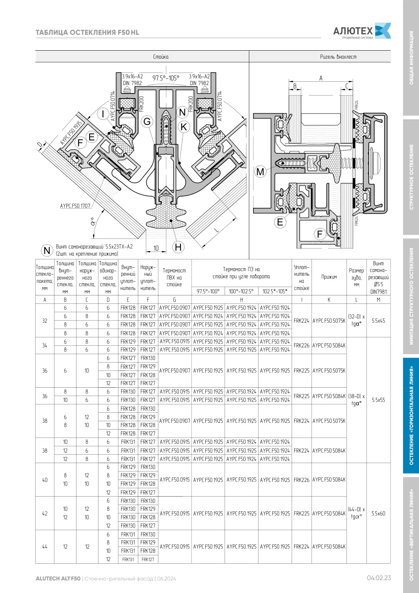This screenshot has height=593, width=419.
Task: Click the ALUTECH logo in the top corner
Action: tap(362, 31)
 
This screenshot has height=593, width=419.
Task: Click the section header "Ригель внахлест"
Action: tap(338, 57)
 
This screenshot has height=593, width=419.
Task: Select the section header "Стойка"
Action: tap(160, 57)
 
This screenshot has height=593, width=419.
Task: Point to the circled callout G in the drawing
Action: tap(147, 122)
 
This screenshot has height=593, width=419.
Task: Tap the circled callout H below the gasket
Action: tap(178, 247)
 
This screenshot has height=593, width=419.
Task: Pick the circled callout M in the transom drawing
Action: tap(260, 171)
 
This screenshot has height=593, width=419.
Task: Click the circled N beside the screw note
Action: tap(47, 250)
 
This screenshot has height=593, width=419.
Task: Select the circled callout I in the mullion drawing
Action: tap(103, 114)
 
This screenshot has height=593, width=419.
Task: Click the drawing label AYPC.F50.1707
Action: tap(75, 206)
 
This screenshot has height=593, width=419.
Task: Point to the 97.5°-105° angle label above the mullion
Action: tap(166, 78)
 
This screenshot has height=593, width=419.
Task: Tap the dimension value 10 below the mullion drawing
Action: tap(156, 248)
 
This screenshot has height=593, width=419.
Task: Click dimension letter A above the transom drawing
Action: tap(321, 78)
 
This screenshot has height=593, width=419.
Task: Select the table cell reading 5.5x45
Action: tap(378, 321)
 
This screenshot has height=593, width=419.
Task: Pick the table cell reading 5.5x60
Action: tap(378, 513)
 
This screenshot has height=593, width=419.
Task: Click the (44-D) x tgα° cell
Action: tap(356, 513)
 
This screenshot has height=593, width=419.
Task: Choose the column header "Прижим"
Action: tap(329, 277)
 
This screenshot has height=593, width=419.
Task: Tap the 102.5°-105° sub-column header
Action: tap(275, 291)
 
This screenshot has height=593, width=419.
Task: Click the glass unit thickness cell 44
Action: tap(45, 546)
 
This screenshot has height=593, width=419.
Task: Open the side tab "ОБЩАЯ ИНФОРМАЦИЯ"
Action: tap(411, 58)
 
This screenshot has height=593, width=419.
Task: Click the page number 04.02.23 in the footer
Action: tap(379, 578)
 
